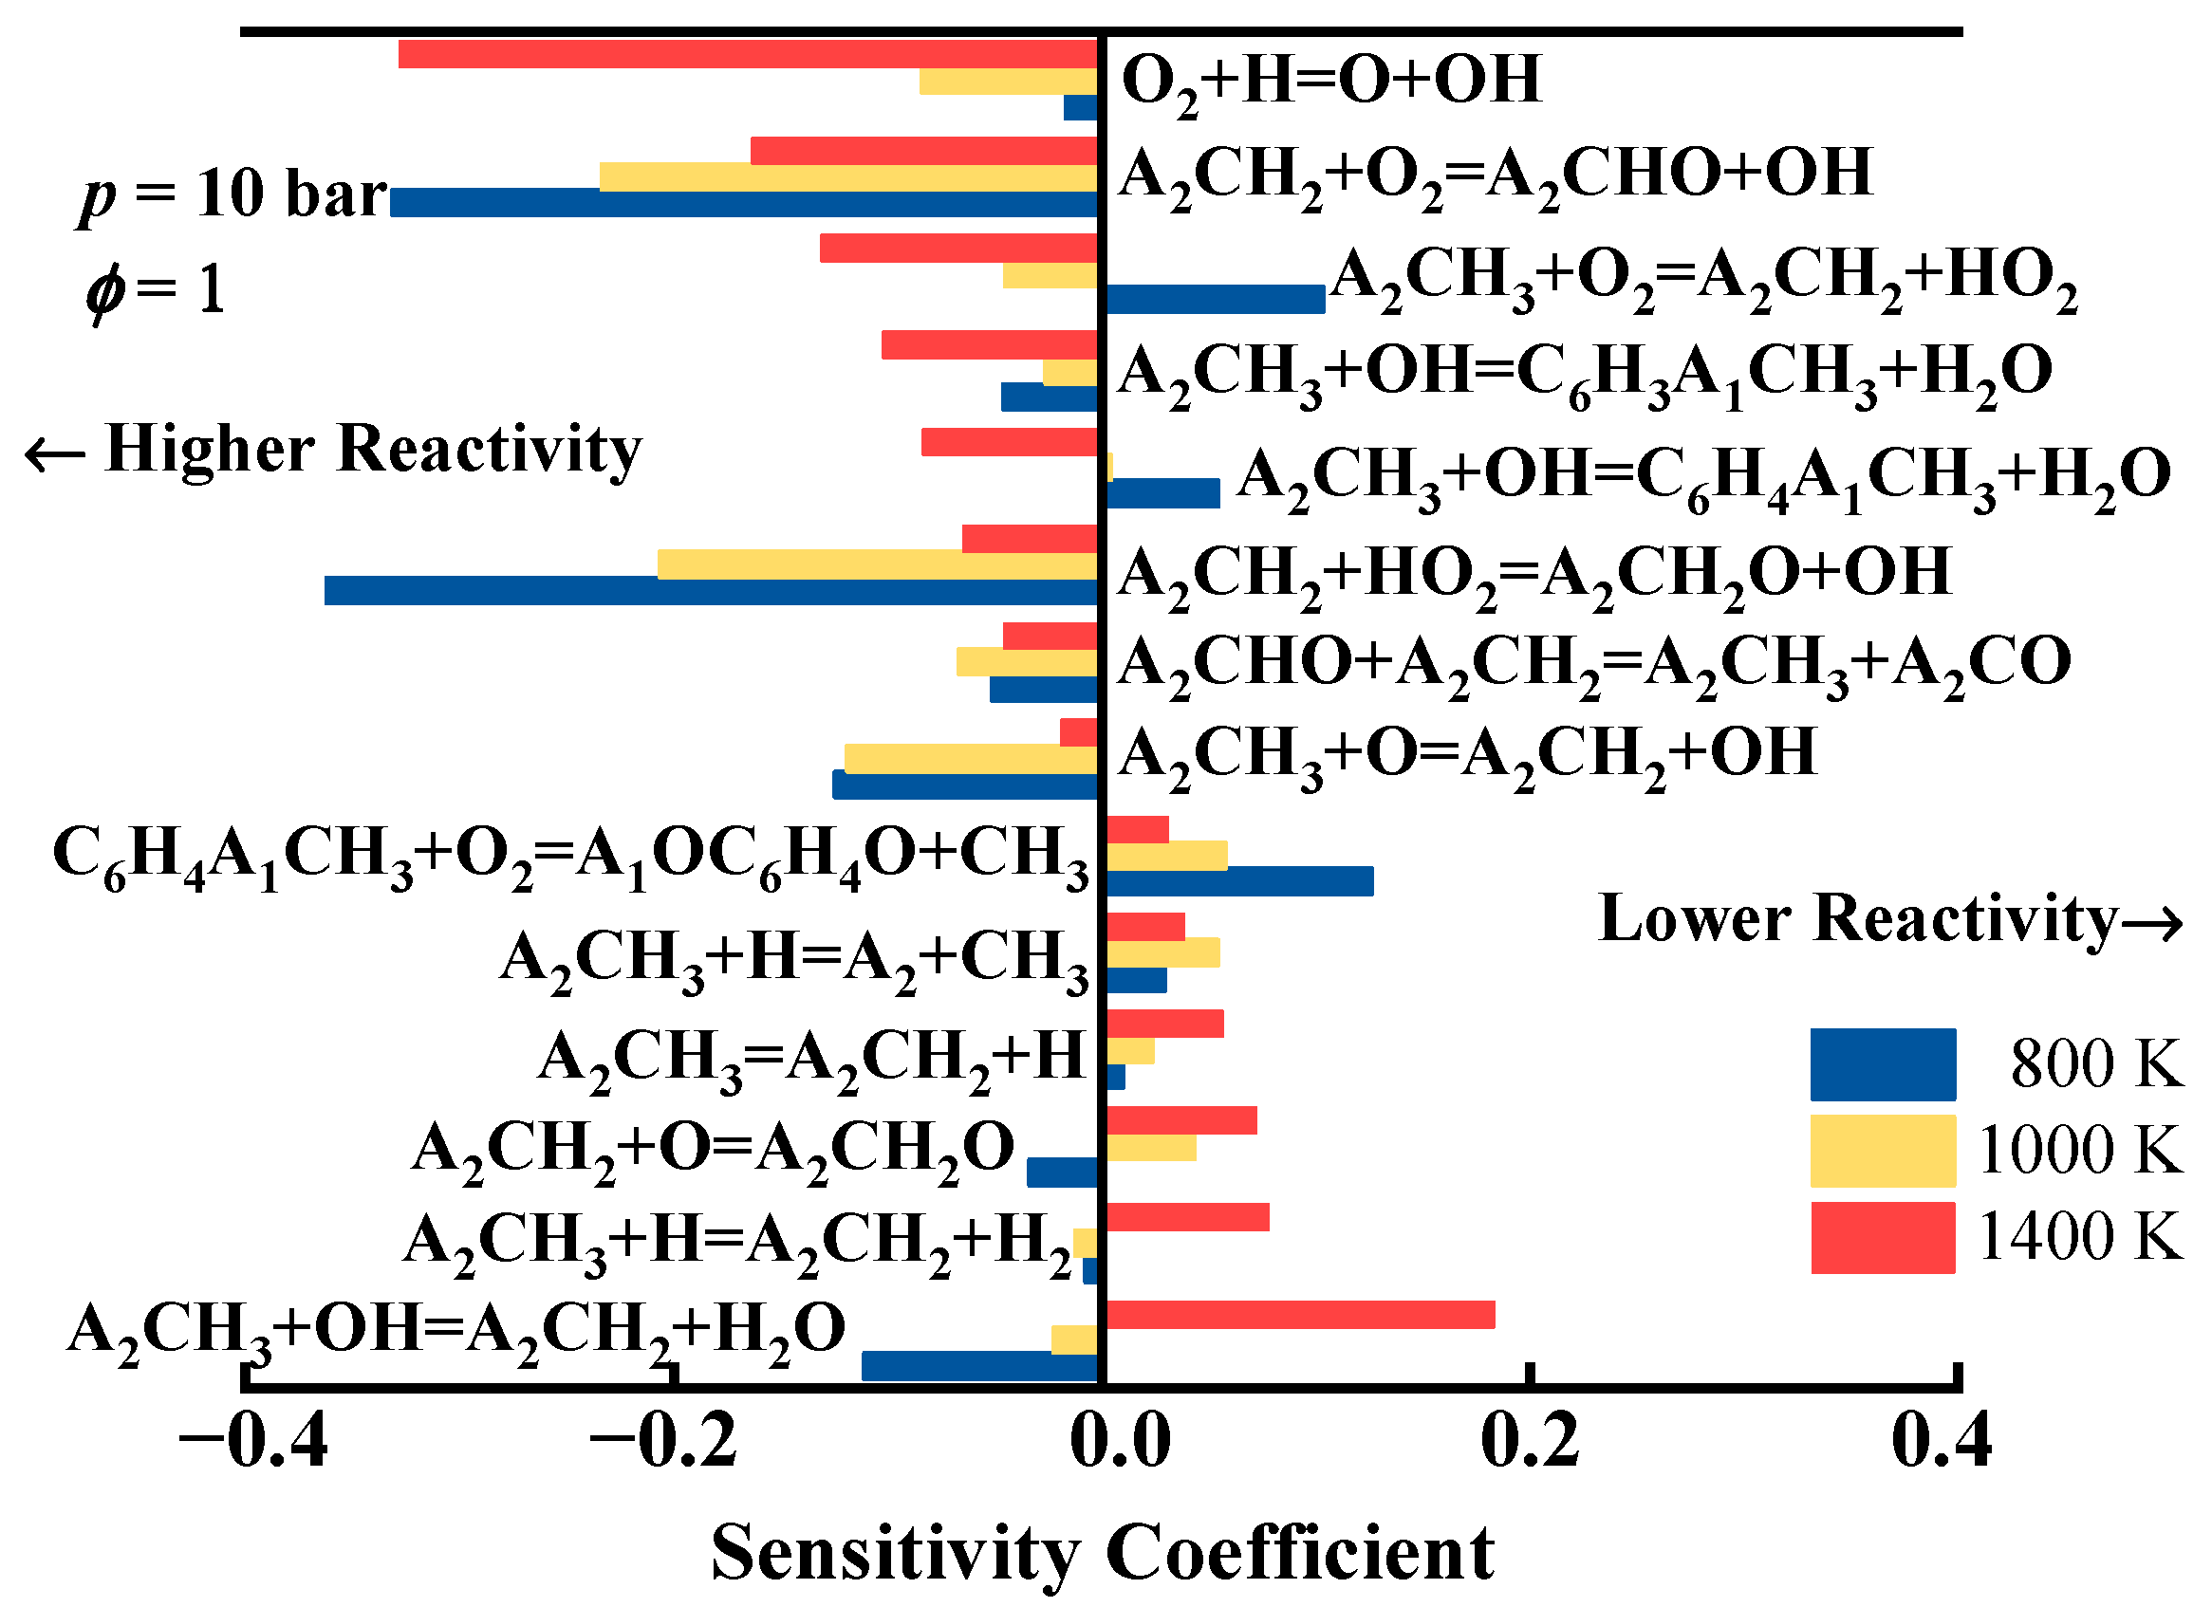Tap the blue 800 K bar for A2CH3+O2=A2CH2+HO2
[1215, 300]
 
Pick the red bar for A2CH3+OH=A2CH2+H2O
[1299, 1315]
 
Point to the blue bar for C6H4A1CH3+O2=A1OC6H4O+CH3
[1238, 880]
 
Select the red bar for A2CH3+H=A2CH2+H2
[1187, 1217]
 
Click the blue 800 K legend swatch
[1883, 1063]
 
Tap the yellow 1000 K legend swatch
[1883, 1151]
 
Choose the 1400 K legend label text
[2078, 1237]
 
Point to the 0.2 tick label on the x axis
[1530, 1441]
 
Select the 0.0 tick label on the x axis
[1119, 1441]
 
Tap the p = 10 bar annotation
[234, 194]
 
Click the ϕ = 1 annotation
[156, 289]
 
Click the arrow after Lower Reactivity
[2152, 922]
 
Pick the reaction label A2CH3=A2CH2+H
[811, 1058]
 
